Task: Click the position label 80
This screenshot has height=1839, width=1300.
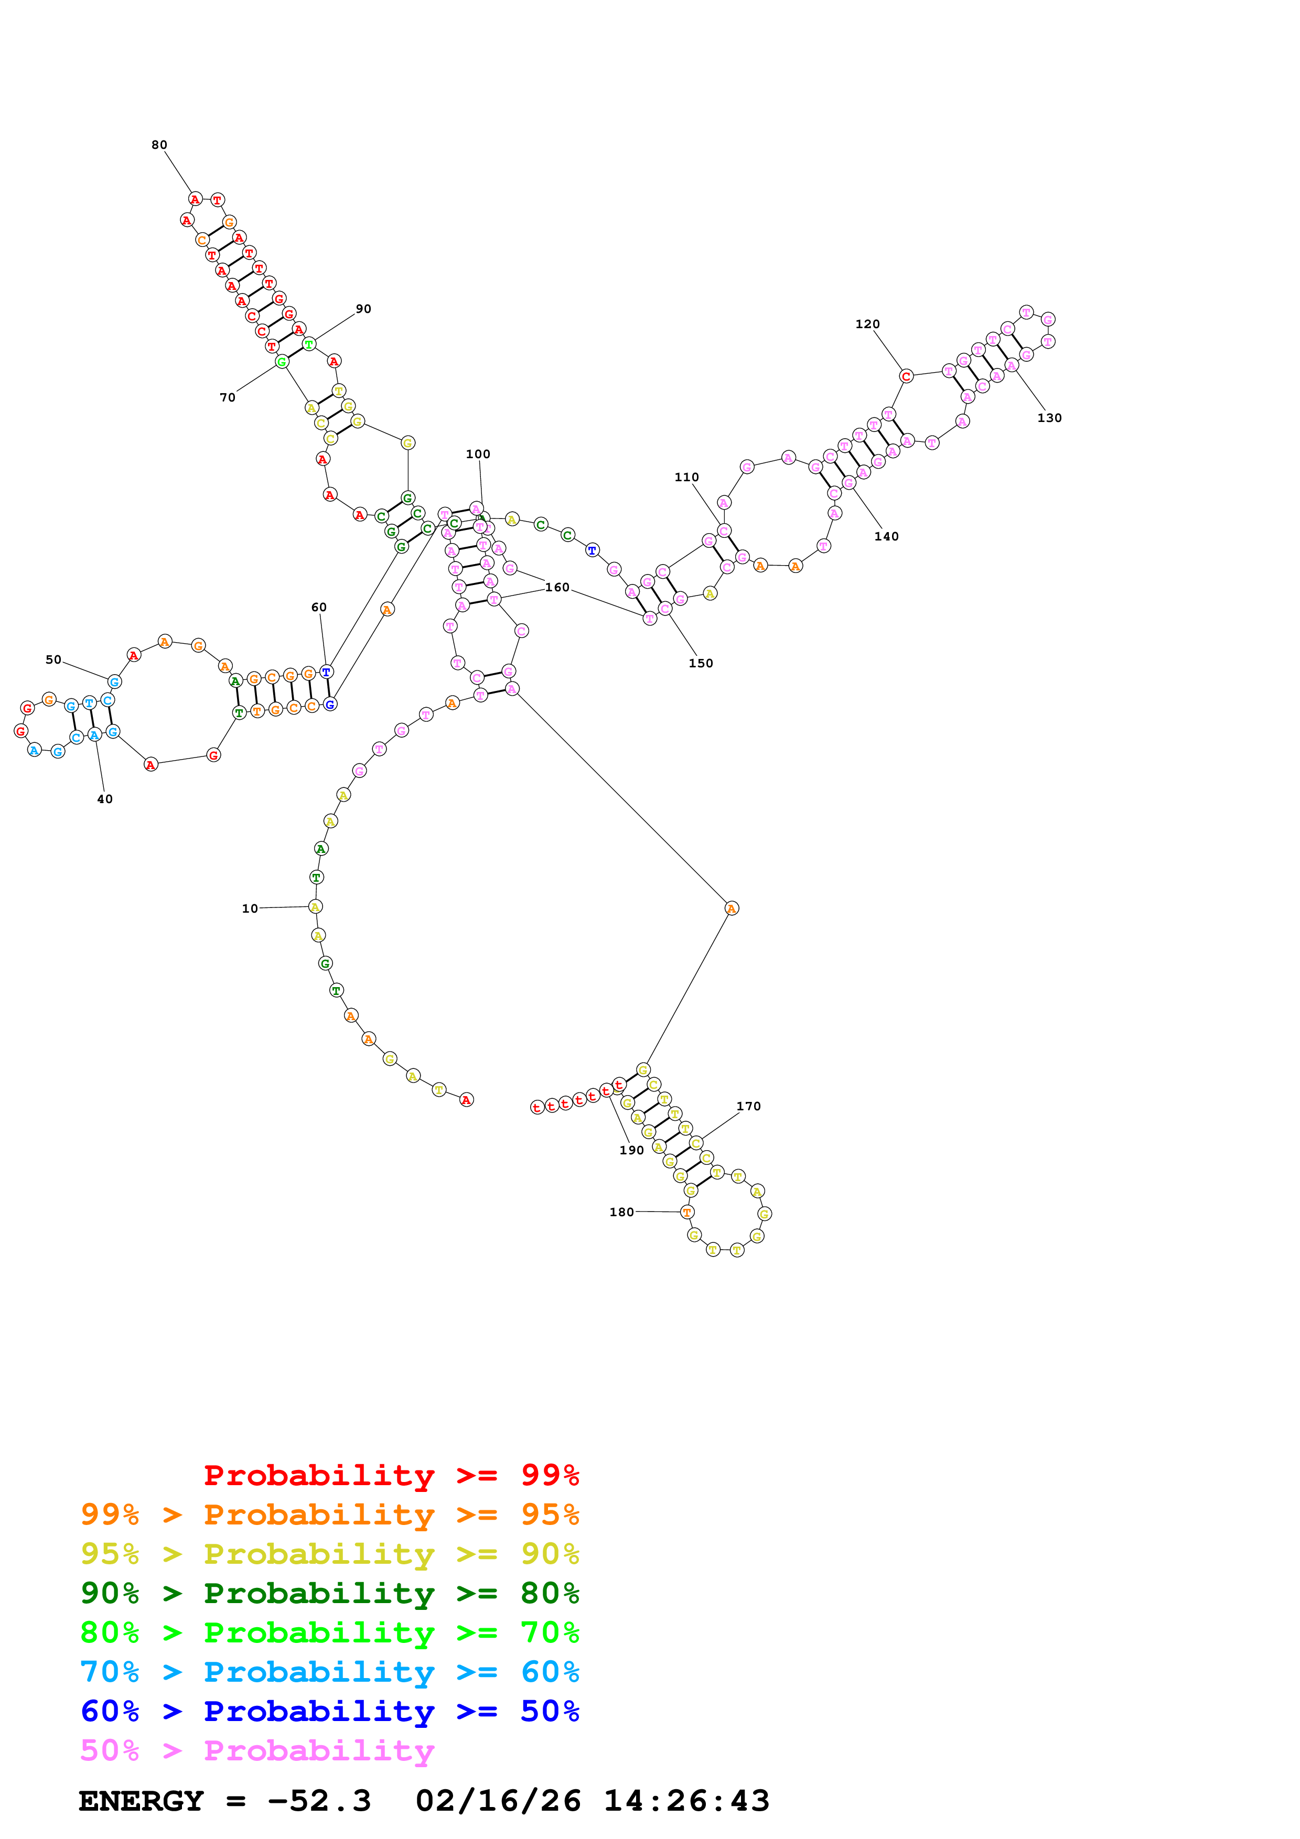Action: click(159, 145)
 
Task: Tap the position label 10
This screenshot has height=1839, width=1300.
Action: click(250, 908)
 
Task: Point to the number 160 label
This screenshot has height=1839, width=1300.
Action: click(557, 587)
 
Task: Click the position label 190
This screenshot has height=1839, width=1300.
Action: click(631, 1150)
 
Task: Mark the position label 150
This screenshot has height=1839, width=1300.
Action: click(701, 663)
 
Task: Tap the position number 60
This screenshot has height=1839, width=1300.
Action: click(319, 607)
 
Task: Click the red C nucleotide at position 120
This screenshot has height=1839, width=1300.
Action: click(906, 376)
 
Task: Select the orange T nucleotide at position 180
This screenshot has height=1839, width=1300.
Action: click(686, 1212)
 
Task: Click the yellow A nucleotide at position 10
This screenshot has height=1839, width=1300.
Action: click(316, 907)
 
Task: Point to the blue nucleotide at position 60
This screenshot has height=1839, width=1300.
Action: click(326, 671)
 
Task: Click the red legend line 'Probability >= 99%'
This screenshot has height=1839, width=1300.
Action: click(391, 1475)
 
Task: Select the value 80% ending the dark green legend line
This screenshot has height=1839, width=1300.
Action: click(550, 1593)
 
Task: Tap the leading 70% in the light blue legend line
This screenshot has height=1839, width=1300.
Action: click(110, 1672)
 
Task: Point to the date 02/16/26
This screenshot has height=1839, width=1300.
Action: click(498, 1801)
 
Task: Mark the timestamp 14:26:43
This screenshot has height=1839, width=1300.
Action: click(686, 1801)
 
